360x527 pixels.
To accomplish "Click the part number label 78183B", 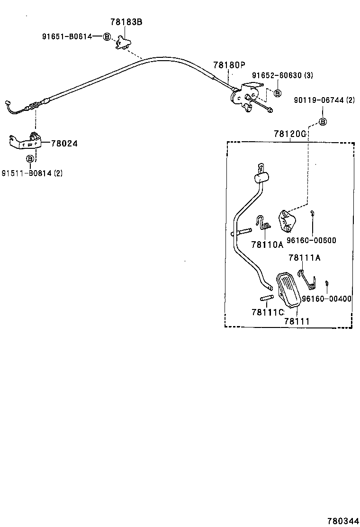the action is (x=126, y=22).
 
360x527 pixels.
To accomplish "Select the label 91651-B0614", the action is (x=67, y=36).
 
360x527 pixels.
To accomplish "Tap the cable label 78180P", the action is (x=229, y=65).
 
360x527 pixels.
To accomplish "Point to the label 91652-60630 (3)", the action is (x=282, y=75).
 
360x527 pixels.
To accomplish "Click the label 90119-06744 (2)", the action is (x=324, y=100).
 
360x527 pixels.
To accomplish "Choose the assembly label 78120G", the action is (x=289, y=134).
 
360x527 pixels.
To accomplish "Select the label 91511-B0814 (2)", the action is (x=32, y=173).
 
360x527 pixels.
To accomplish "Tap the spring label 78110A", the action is (x=267, y=245).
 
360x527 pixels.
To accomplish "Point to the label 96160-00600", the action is (x=311, y=240).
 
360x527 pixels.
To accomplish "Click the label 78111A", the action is (x=305, y=258).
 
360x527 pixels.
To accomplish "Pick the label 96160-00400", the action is (x=326, y=299).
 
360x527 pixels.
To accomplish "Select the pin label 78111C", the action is (x=268, y=312).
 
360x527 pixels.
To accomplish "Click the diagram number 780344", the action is (x=343, y=521).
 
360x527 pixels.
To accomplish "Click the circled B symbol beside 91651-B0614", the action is (x=107, y=36).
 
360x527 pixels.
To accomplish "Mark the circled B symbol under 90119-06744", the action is (x=323, y=122).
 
